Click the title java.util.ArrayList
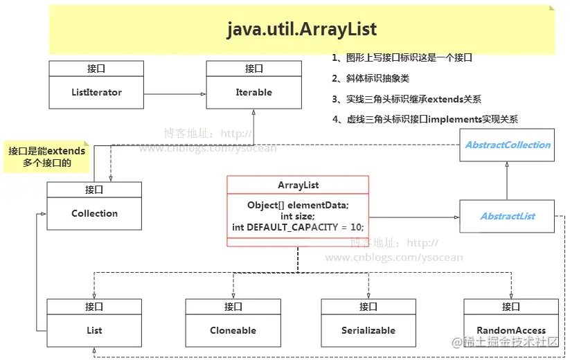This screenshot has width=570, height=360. pos(302,29)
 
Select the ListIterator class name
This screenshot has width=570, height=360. pos(96,92)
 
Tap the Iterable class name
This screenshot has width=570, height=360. pos(253,92)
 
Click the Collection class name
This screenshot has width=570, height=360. pos(94,213)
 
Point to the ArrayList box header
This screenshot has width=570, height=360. pos(298,185)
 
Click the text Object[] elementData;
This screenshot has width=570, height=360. pos(298,205)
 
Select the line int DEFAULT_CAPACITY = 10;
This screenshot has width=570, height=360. pos(298,227)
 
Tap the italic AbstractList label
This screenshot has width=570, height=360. pos(508,216)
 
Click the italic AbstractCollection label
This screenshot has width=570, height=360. pos(508,145)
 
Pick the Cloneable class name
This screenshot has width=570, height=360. pos(233,330)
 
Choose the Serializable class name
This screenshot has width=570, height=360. pos(368,330)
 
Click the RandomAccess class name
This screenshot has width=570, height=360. pos(511,330)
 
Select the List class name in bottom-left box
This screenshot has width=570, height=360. pos(94,330)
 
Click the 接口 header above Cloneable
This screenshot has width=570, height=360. pos(233,307)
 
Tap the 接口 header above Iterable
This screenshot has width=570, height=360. pos(253,69)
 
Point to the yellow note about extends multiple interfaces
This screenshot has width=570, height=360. pos(46,157)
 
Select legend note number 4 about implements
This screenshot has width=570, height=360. pos(425,120)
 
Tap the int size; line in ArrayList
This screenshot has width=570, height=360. pos(298,216)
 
